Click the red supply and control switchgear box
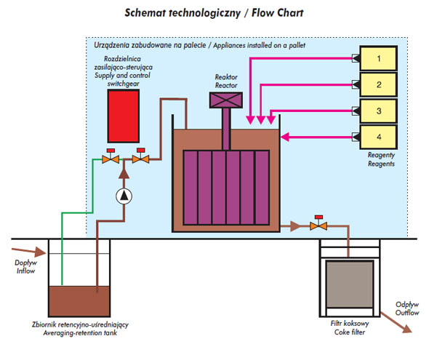coord(124,116)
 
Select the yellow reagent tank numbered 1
coord(378,58)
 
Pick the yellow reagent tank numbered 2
coord(378,84)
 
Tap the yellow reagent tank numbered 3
coord(378,111)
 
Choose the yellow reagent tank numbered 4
coord(378,137)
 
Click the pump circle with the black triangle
coord(124,196)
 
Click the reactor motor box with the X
coord(226,100)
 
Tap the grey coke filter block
coord(350,284)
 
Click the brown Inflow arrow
coord(29,252)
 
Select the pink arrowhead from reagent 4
coord(285,137)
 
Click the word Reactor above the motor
coord(226,85)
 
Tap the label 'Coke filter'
coord(350,332)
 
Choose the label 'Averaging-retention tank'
coord(80,333)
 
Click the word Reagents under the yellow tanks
coord(381,164)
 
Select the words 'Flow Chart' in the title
coord(278,13)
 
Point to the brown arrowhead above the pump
coord(124,173)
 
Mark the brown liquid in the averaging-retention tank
coord(79,301)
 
